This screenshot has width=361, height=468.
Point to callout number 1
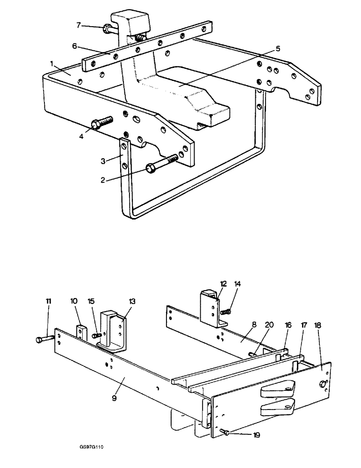click(x=52, y=62)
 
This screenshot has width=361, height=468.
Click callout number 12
click(x=223, y=284)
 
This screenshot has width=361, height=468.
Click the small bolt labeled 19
click(x=222, y=432)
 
